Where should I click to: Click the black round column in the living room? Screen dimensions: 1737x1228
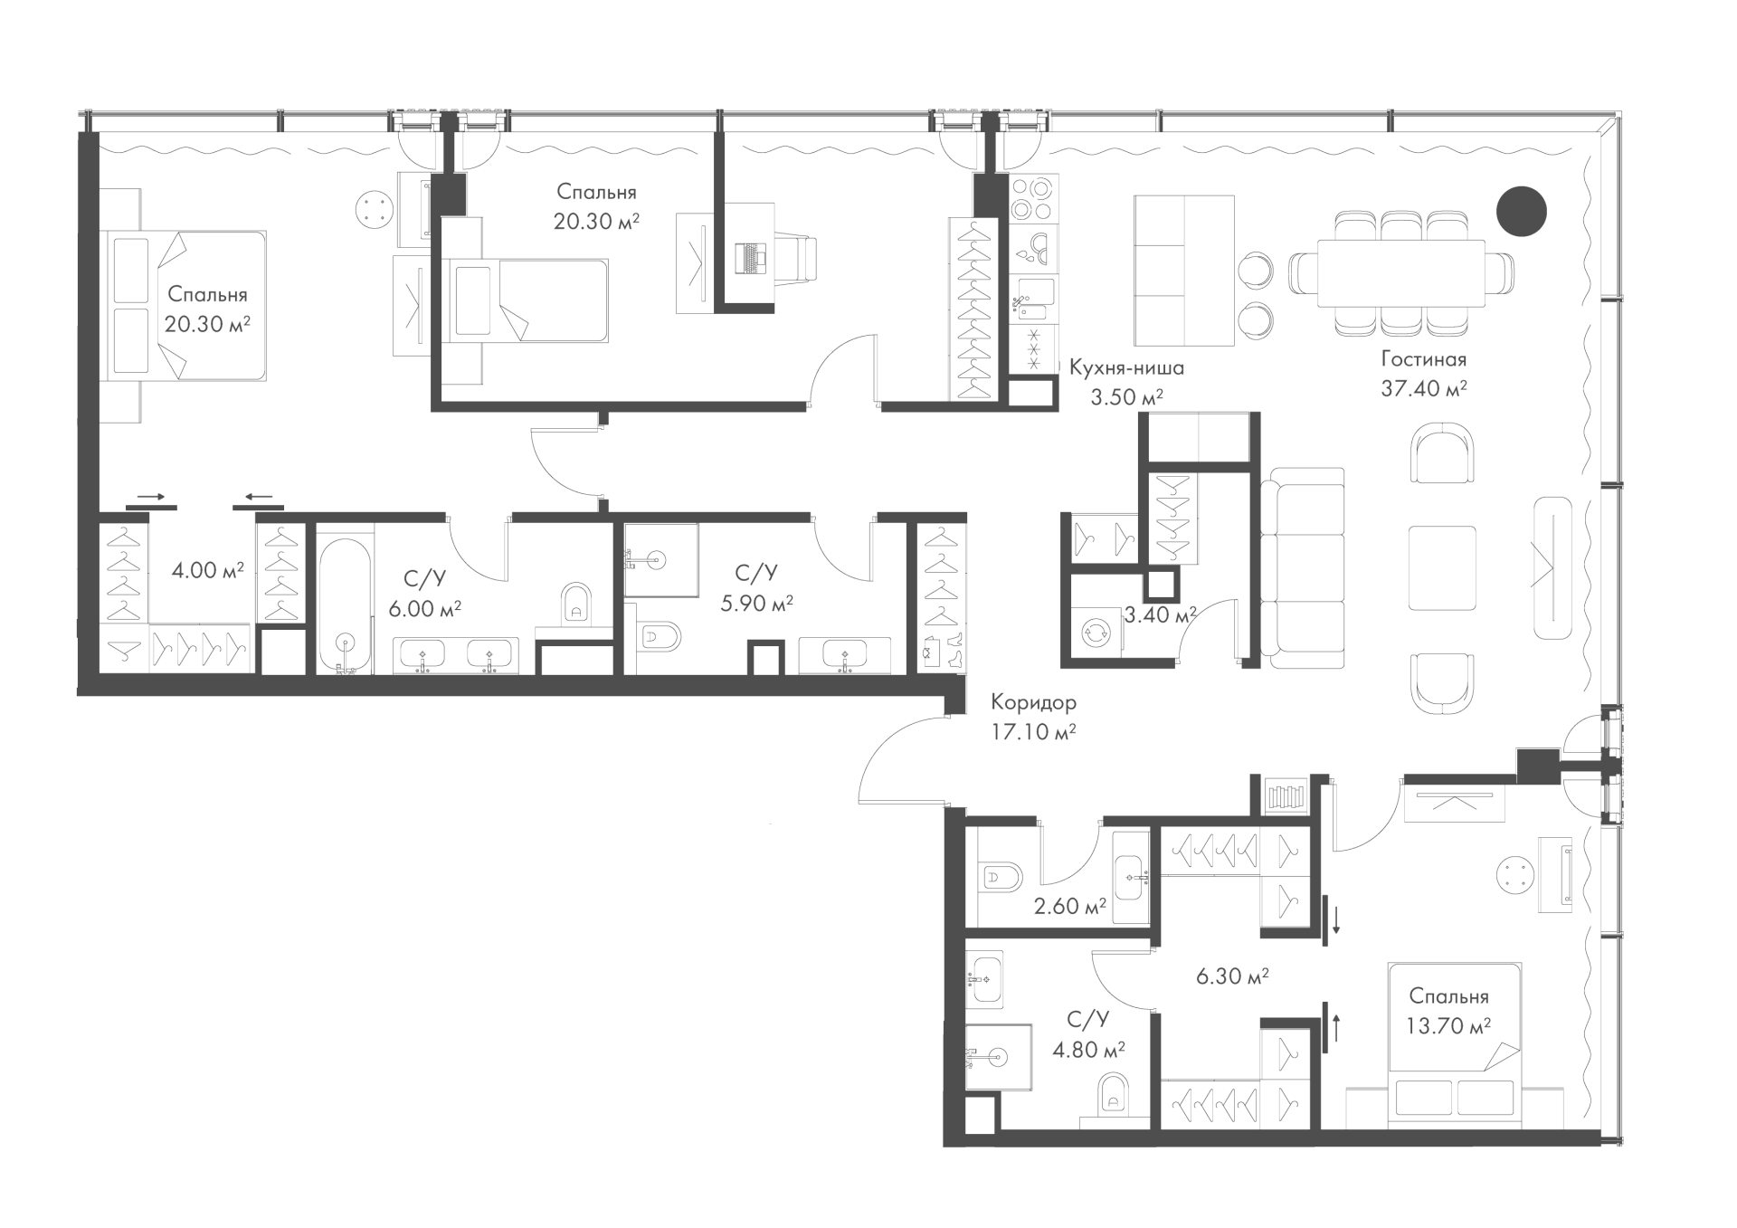[x=1521, y=211]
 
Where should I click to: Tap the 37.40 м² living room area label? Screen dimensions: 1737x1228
[x=1423, y=389]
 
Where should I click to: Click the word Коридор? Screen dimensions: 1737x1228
[x=1033, y=702]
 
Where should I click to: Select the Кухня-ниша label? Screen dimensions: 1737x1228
[x=1126, y=368]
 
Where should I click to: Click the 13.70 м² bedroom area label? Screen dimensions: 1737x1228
[x=1448, y=1026]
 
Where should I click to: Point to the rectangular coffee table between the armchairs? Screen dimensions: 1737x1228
[x=1442, y=568]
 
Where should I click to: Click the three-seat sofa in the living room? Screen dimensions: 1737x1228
[x=1299, y=568]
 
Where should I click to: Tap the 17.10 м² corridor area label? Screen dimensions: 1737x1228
[x=1033, y=732]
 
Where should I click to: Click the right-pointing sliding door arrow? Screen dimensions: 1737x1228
[x=151, y=497]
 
